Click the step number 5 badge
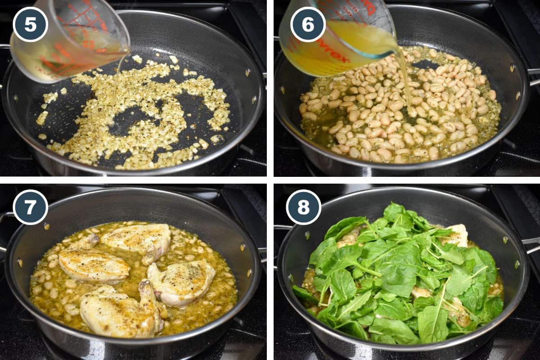tap(30, 24)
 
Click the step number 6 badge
tap(308, 24)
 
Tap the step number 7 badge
tap(30, 207)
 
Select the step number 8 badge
tap(304, 207)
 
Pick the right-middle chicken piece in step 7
tap(182, 281)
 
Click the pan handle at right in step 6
tap(533, 76)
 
